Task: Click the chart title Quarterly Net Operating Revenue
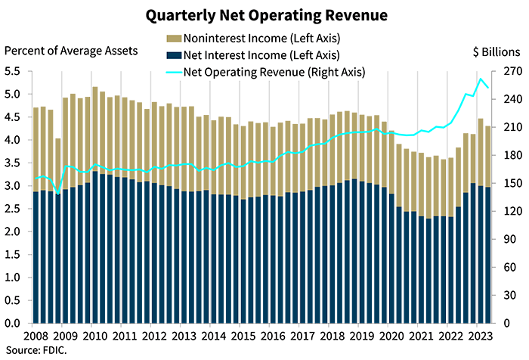click(x=264, y=14)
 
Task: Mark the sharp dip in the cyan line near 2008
click(x=58, y=193)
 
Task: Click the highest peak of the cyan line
click(x=483, y=76)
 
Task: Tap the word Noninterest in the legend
click(x=213, y=39)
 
